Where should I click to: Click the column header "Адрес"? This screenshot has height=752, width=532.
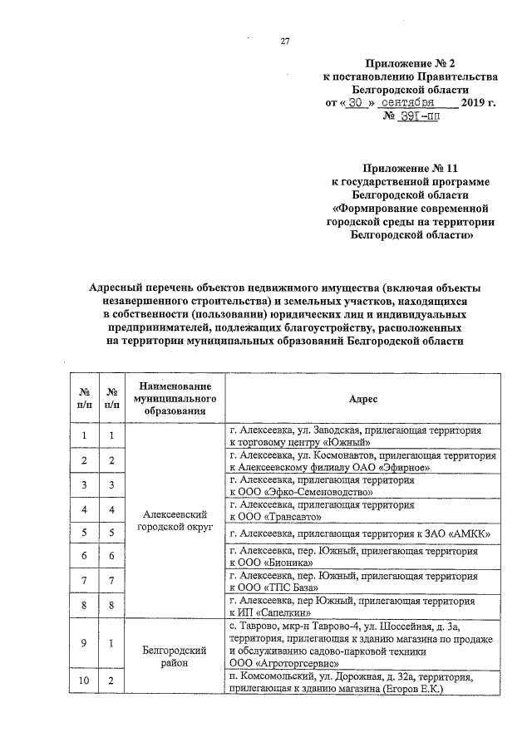click(x=363, y=400)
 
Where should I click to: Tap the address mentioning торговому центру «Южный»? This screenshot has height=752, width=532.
click(x=362, y=437)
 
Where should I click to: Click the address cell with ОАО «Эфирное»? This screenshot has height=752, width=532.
click(x=362, y=461)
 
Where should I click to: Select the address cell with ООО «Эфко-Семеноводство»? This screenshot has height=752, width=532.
click(x=362, y=485)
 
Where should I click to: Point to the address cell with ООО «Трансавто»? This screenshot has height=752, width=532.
click(x=362, y=509)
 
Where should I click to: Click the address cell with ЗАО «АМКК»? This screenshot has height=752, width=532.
click(x=362, y=533)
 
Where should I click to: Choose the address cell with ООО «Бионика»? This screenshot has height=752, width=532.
click(x=362, y=557)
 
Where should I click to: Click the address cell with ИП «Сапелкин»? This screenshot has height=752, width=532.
click(x=362, y=605)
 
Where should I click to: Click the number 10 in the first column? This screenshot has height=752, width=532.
click(x=84, y=683)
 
